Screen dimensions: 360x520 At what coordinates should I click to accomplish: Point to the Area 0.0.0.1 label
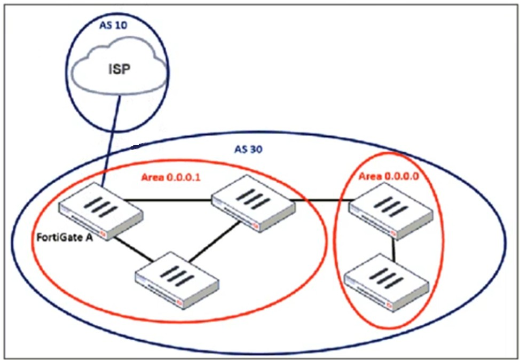(x=170, y=178)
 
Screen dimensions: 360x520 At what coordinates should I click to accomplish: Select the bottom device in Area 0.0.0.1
(x=177, y=278)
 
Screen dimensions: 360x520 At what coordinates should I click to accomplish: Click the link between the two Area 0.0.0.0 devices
(x=394, y=247)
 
